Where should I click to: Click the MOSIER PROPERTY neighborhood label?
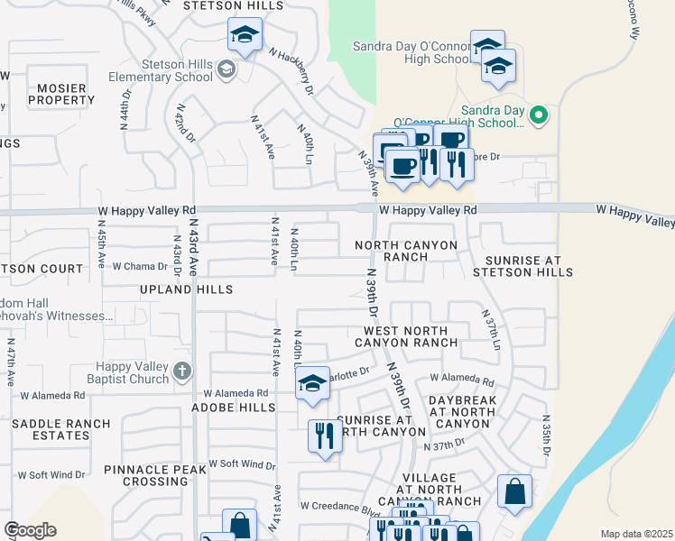[x=61, y=94]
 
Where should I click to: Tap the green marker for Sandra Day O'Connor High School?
[x=539, y=115]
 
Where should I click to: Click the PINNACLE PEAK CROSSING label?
[x=157, y=475]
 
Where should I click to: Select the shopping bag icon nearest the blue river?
[x=513, y=491]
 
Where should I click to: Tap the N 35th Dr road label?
[x=547, y=436]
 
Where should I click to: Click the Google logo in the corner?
[x=30, y=530]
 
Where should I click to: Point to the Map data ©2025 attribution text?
[x=636, y=534]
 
